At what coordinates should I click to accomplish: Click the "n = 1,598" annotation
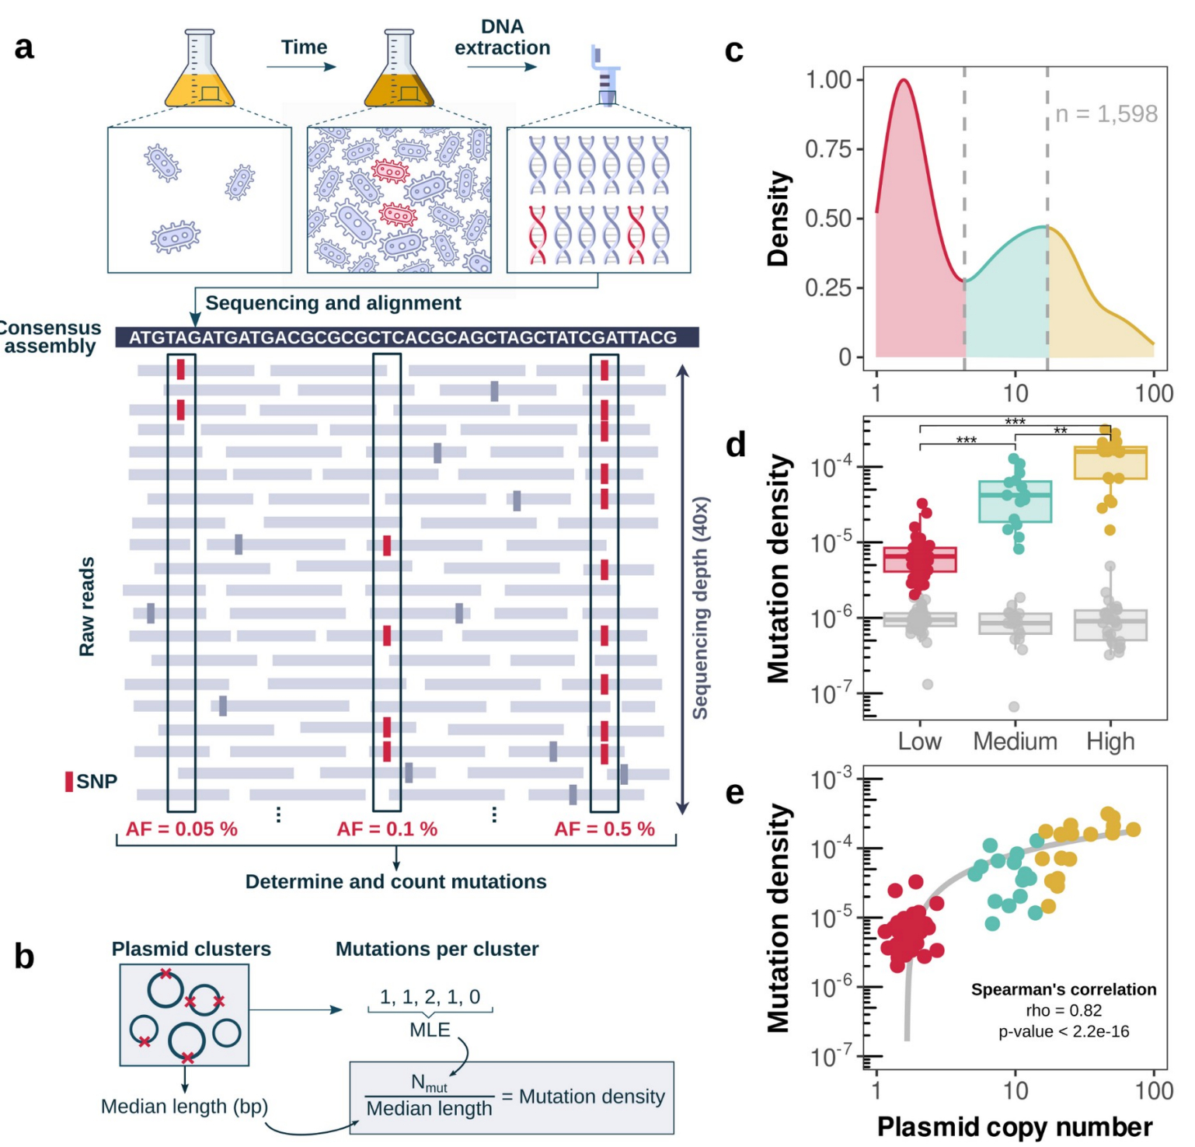click(x=1106, y=114)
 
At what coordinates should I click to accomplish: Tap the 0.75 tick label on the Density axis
click(x=828, y=148)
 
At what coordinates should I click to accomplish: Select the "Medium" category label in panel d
click(x=1015, y=741)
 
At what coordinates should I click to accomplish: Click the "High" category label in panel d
click(x=1110, y=741)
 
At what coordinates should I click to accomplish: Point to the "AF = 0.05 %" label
click(x=182, y=829)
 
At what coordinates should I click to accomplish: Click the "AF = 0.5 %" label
click(x=604, y=829)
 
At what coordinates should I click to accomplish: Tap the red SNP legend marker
click(x=69, y=781)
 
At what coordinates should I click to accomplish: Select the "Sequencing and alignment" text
click(x=333, y=303)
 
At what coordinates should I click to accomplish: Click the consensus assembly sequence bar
click(x=406, y=337)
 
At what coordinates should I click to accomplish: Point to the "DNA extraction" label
click(x=502, y=37)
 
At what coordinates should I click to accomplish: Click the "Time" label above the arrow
click(x=304, y=47)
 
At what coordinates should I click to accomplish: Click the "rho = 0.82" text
click(x=1064, y=1010)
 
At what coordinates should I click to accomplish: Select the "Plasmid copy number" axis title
click(x=1014, y=1127)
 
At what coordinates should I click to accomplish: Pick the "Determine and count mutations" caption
click(x=395, y=882)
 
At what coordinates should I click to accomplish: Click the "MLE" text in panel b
click(x=430, y=1030)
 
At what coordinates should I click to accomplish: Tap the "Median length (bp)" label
click(x=184, y=1107)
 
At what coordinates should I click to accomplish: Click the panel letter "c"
click(x=733, y=51)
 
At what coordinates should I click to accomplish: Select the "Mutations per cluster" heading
click(x=437, y=949)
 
